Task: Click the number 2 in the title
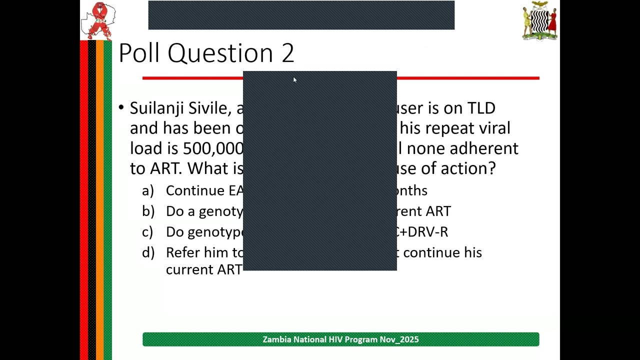coord(287,53)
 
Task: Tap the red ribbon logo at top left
coord(98,20)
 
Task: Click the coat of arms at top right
coord(539,20)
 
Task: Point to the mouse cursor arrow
coord(295,80)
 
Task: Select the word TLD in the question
coord(481,108)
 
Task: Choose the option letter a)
coord(148,190)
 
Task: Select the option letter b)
coord(148,211)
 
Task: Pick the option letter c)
coord(147,232)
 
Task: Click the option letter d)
coord(148,252)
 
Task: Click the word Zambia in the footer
coord(276,339)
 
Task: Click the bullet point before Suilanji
coord(121,108)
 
